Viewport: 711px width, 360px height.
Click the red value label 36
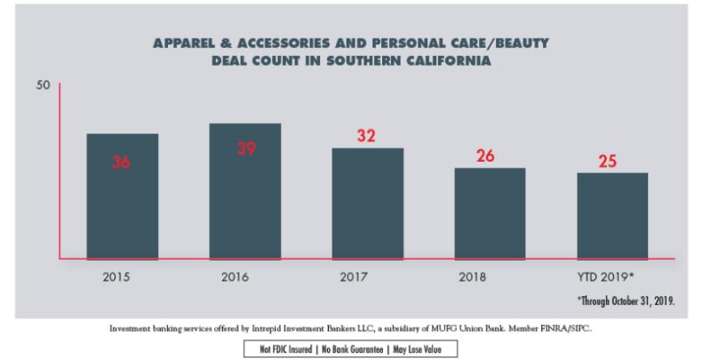click(122, 163)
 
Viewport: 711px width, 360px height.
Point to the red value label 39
click(246, 148)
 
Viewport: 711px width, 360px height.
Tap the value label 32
click(367, 136)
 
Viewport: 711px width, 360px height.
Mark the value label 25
click(608, 162)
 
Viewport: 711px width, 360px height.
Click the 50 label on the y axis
click(44, 85)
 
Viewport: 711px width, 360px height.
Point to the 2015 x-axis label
click(117, 276)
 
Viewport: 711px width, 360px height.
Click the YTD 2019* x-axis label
click(606, 276)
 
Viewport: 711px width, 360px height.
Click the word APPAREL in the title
click(185, 42)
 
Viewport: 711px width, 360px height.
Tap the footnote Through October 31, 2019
click(626, 301)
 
